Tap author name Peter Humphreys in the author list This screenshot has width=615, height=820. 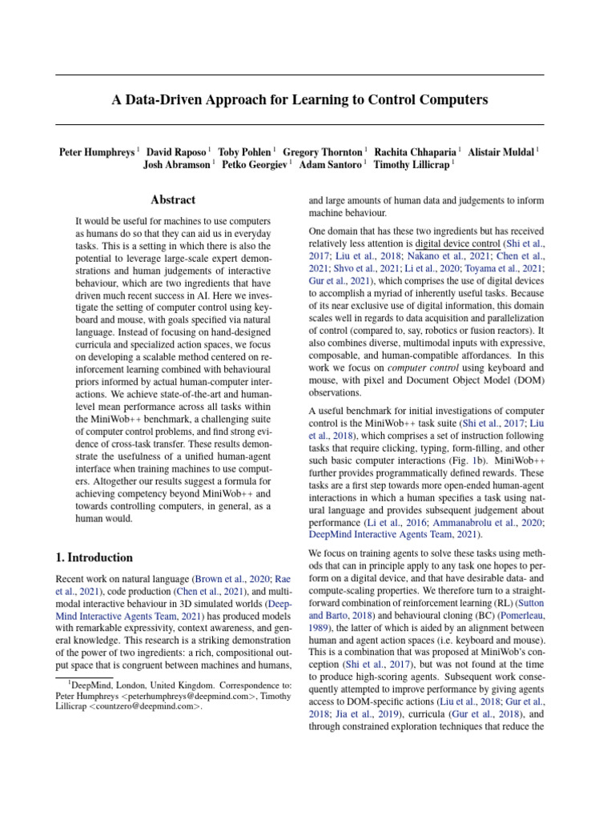click(97, 151)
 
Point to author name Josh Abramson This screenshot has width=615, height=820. click(177, 166)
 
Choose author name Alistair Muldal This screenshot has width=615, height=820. click(501, 151)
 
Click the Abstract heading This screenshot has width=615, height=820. click(173, 200)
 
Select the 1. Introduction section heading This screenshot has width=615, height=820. click(94, 557)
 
